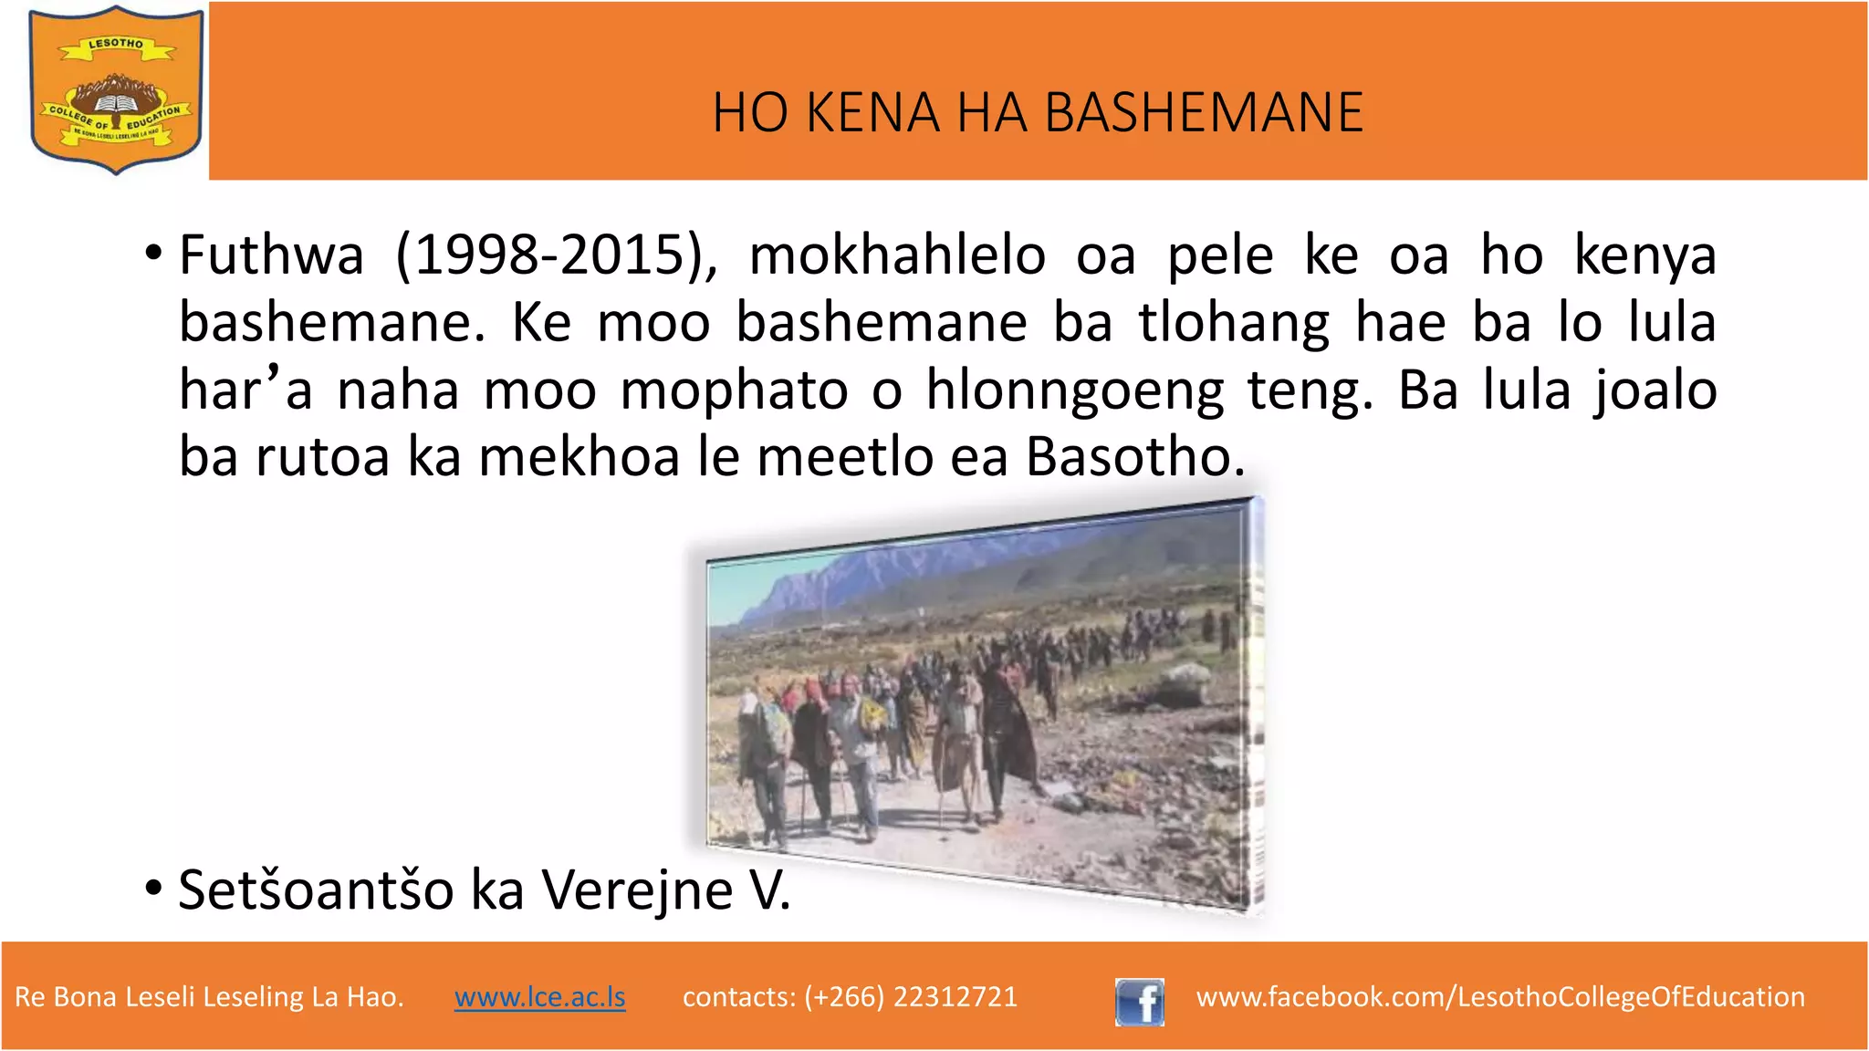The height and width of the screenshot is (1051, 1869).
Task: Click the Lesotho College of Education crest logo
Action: (115, 89)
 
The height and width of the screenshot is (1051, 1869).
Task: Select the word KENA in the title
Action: (872, 113)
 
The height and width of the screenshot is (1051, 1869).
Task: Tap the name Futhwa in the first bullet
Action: (271, 255)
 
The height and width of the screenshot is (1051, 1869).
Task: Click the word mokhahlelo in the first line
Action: (897, 255)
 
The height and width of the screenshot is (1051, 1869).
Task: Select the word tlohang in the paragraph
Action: (1234, 323)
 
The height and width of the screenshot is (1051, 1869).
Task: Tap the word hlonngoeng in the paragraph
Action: (1074, 391)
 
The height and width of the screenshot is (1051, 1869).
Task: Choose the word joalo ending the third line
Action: (1655, 390)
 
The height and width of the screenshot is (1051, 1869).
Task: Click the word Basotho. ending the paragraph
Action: (1135, 456)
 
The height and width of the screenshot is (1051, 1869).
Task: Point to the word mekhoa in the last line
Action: (579, 456)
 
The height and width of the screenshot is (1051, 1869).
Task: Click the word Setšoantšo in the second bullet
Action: (316, 890)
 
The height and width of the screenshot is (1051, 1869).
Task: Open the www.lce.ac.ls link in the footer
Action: (539, 996)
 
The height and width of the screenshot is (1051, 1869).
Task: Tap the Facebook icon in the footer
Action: (1139, 1002)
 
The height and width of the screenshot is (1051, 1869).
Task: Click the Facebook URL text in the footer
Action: (1500, 996)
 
